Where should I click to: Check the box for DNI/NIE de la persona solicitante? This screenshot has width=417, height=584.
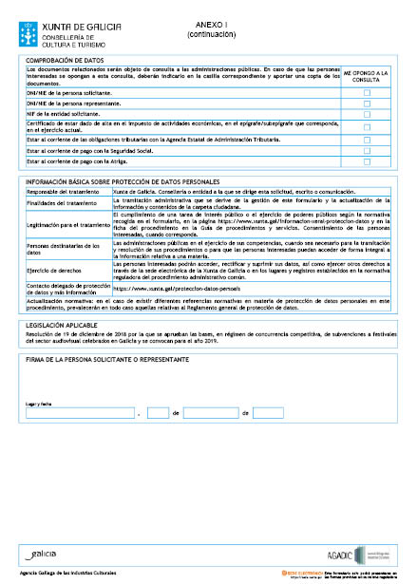pyautogui.click(x=367, y=92)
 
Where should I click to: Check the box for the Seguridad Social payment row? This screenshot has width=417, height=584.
pyautogui.click(x=367, y=151)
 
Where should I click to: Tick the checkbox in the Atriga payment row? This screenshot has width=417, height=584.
pyautogui.click(x=367, y=162)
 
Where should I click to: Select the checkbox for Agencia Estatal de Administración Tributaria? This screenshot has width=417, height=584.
pyautogui.click(x=367, y=140)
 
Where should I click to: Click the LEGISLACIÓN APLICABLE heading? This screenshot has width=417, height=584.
pyautogui.click(x=62, y=324)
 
